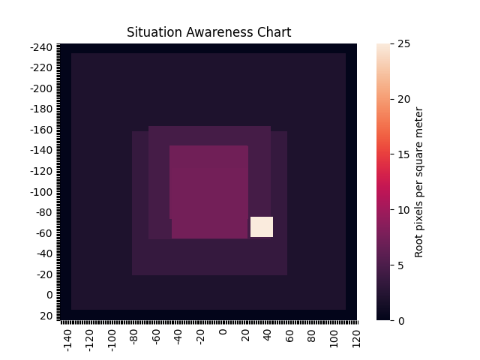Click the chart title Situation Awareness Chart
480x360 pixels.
(208, 32)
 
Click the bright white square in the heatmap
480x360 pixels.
(262, 226)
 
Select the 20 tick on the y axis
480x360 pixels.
(46, 316)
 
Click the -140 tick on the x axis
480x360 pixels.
(67, 338)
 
